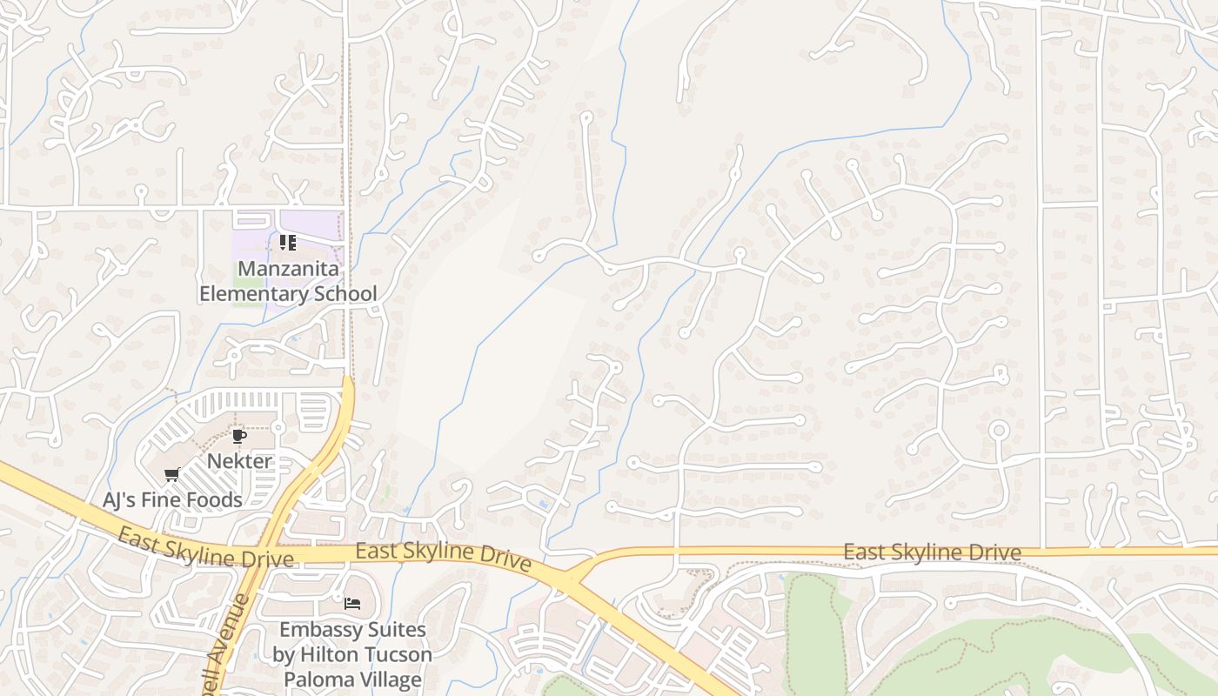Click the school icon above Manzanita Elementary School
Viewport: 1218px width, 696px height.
288,243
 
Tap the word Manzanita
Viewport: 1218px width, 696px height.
288,268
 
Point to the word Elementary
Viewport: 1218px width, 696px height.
252,293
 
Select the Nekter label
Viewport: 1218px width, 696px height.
239,460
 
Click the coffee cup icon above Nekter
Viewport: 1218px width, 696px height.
238,436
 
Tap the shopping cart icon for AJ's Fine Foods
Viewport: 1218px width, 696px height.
171,475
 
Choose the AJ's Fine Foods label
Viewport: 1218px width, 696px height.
172,499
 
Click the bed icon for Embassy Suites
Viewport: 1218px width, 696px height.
352,603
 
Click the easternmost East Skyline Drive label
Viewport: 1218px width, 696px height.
932,552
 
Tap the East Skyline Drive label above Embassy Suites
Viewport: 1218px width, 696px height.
443,555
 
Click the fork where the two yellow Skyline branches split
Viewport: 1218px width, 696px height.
567,577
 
